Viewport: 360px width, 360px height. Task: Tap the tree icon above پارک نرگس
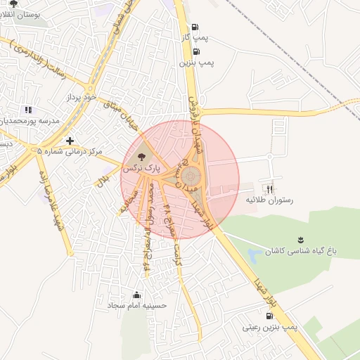pos(142,156)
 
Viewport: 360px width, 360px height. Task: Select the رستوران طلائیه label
pos(267,200)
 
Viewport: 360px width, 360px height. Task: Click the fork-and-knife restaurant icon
pos(269,188)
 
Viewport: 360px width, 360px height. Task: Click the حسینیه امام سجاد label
pos(137,306)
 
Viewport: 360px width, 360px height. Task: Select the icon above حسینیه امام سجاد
pos(136,294)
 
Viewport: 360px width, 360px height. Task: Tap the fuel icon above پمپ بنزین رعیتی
pos(271,316)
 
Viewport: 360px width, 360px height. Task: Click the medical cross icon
pos(69,141)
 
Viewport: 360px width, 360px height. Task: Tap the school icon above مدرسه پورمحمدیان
pos(28,110)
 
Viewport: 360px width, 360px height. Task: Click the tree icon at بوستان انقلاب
pos(13,4)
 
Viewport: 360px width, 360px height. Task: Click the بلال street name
pos(103,180)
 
